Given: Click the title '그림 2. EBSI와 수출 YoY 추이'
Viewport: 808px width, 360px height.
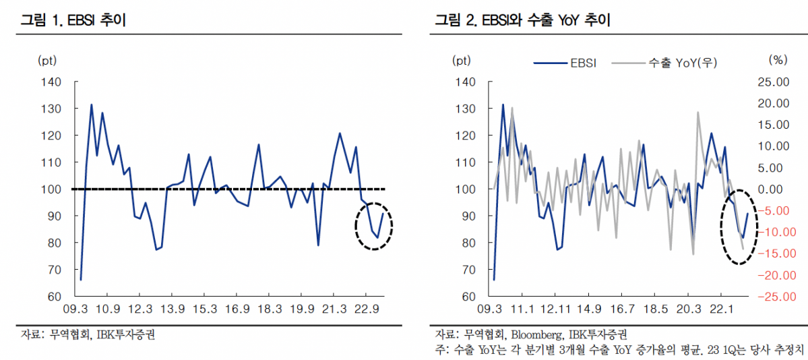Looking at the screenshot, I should point(522,20).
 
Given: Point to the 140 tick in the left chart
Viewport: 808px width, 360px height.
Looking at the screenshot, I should point(51,82).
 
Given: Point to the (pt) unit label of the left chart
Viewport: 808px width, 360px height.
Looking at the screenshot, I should point(47,60).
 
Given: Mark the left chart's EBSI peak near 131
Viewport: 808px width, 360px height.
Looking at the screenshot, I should point(92,105).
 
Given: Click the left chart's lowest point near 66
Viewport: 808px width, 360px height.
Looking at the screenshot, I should point(81,279).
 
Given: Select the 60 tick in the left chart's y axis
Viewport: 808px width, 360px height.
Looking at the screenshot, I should point(54,297).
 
